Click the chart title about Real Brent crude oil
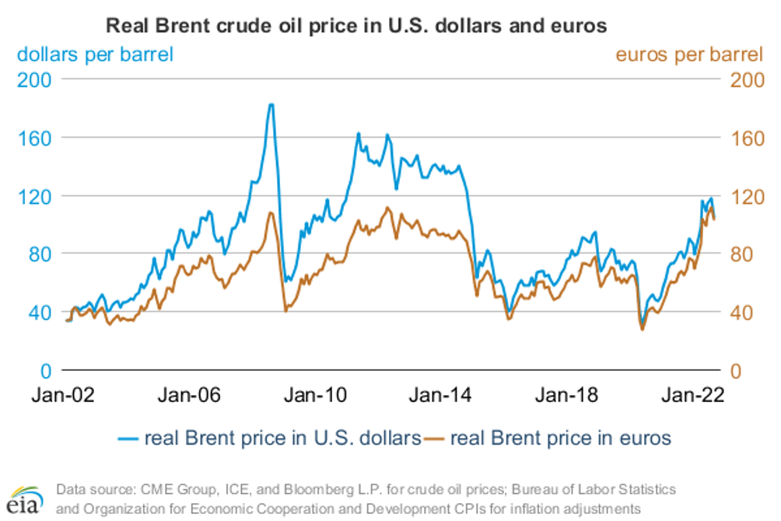coord(355,26)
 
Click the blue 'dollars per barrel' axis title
coord(95,54)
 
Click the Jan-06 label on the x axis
coord(190,395)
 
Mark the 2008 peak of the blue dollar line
coord(270,104)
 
